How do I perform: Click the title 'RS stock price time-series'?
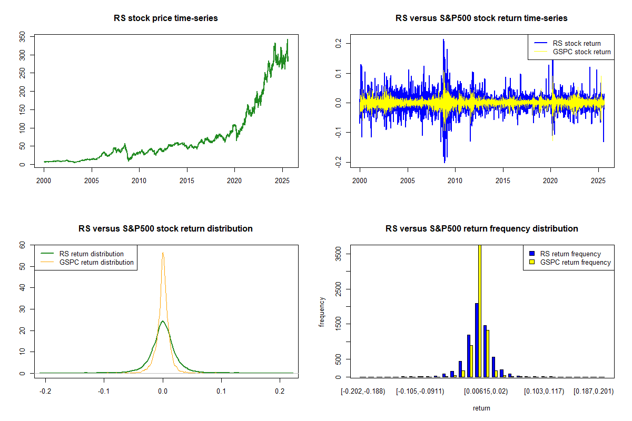165,18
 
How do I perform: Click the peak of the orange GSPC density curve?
163,253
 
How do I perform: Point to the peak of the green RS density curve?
163,321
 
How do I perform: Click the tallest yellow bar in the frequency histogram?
480,310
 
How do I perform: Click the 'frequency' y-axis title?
322,312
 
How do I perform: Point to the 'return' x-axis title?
481,407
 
